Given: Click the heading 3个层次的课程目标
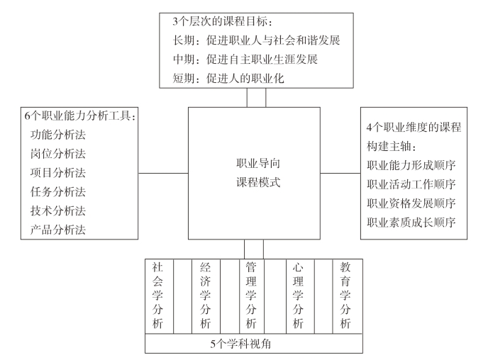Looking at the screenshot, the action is [x=223, y=21].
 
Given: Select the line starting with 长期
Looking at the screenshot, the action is [x=257, y=40].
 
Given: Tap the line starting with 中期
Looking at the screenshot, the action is [x=245, y=60].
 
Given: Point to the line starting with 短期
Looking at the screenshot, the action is [x=228, y=79].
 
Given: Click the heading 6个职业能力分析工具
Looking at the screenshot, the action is [x=80, y=116].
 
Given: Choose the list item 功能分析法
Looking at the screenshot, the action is [x=58, y=135].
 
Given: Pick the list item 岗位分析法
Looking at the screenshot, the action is [x=58, y=154].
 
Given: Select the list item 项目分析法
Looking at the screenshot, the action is [x=58, y=173].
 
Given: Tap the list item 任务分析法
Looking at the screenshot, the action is [x=58, y=192].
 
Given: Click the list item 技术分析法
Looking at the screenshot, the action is [x=58, y=210].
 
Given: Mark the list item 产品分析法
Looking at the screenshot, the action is [x=58, y=230].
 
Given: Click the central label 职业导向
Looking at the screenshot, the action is [x=258, y=163].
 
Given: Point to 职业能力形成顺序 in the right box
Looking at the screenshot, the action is [x=411, y=165].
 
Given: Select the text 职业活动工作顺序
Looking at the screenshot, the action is [x=411, y=184].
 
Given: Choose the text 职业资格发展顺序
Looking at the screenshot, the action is [x=411, y=203].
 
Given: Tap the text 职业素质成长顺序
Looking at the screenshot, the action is [x=411, y=223].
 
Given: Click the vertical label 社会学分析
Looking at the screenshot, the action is [x=157, y=296].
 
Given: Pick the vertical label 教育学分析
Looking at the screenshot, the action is [x=345, y=296].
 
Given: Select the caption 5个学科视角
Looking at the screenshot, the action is [x=240, y=344].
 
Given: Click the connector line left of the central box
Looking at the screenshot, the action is [x=163, y=173].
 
